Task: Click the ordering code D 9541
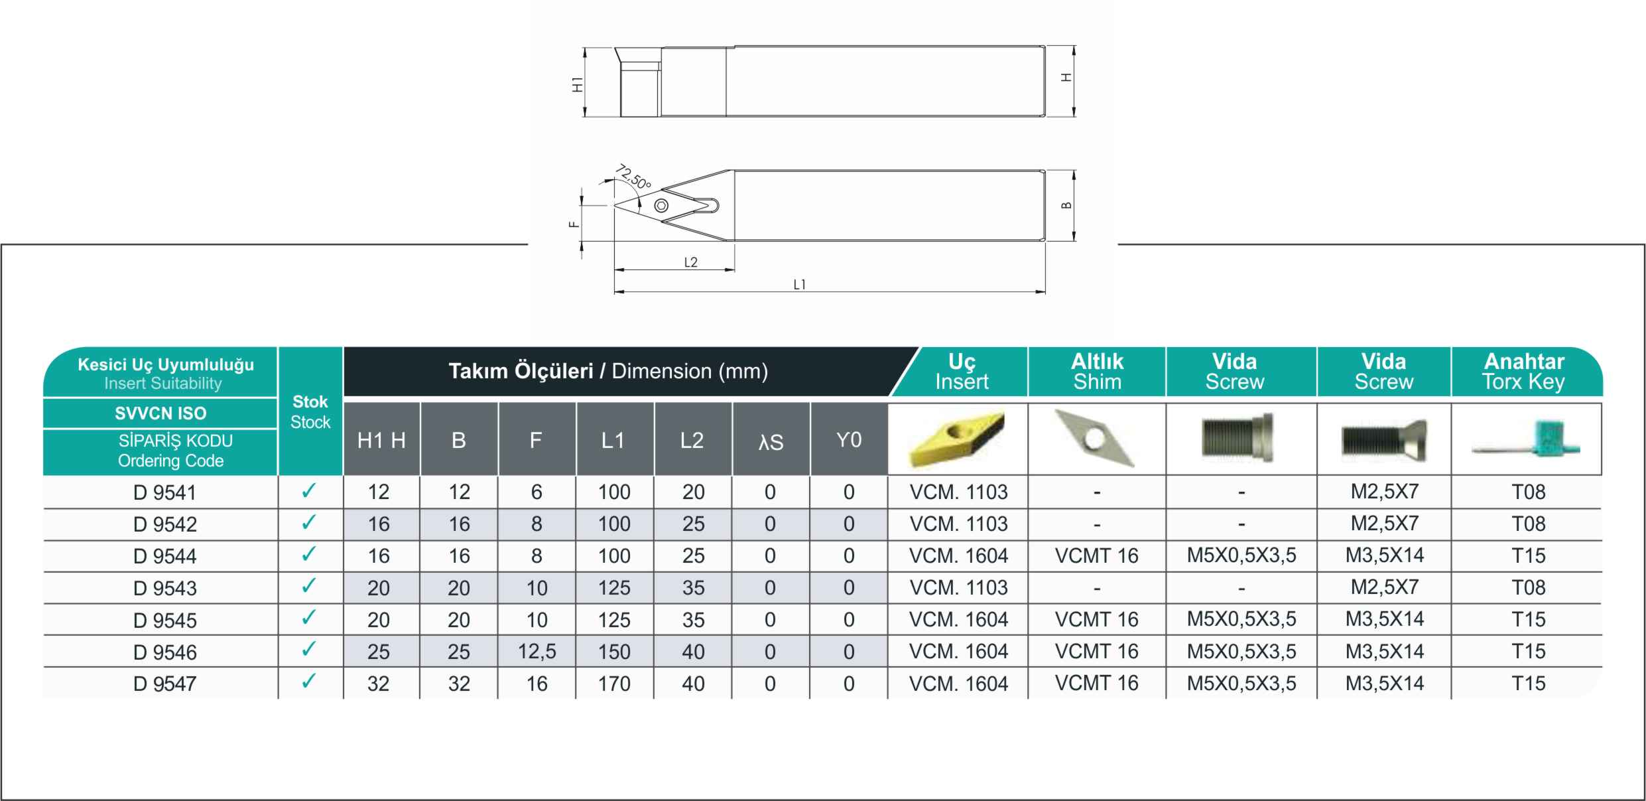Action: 164,492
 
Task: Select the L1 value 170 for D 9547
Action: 614,684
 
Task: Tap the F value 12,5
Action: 537,652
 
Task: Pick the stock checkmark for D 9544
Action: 308,554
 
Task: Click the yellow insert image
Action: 958,439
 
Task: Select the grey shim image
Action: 1095,438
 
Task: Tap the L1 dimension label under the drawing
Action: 800,285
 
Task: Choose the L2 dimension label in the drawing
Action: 691,263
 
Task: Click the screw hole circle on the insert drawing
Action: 661,206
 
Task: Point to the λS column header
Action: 771,442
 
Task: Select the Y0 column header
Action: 849,440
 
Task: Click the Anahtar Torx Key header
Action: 1524,372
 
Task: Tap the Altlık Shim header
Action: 1097,372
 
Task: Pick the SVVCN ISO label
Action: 160,413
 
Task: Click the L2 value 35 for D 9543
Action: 693,588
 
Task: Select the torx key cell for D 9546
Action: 1529,652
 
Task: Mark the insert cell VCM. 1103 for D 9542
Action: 958,524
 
